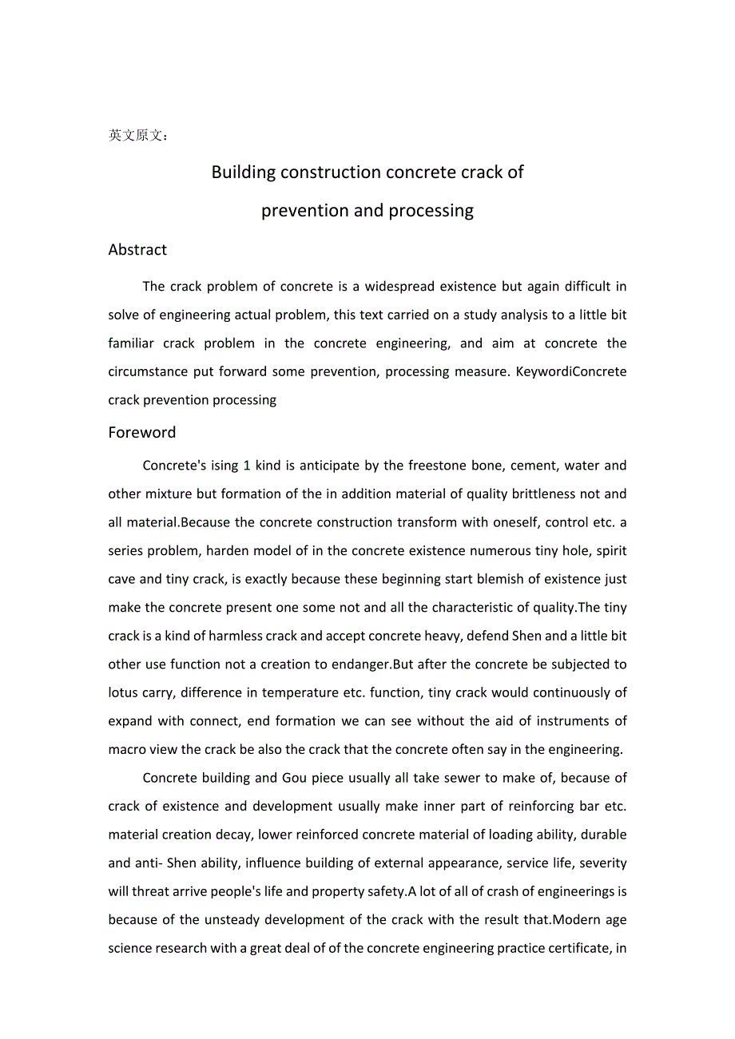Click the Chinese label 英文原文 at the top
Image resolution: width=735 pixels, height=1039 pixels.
(137, 136)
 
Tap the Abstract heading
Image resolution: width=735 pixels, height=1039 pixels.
(137, 250)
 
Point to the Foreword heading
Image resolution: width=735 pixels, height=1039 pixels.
(142, 433)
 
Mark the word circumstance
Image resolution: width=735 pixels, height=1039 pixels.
(149, 372)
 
